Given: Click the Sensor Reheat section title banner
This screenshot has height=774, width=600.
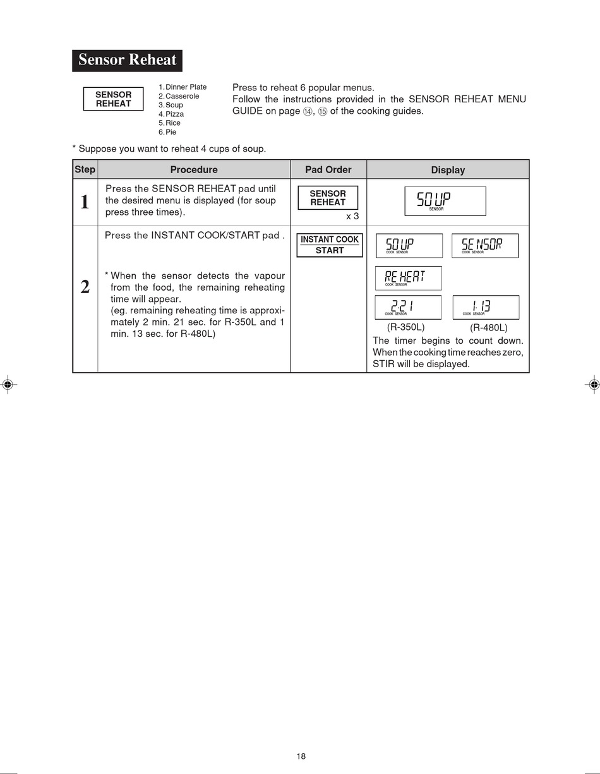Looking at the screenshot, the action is click(x=127, y=61).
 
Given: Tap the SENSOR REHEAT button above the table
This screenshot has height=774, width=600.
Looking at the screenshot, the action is click(x=114, y=99).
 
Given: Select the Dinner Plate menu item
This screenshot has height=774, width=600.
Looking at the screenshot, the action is click(x=183, y=87).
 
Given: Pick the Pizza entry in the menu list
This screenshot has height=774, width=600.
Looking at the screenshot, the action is click(x=171, y=114).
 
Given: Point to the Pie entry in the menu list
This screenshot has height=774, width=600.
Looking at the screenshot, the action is click(x=167, y=132).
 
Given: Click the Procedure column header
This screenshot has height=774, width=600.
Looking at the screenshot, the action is click(x=194, y=169).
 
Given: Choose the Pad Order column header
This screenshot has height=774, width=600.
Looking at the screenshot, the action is click(x=328, y=169).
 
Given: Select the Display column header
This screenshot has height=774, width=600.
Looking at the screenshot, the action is click(x=448, y=170).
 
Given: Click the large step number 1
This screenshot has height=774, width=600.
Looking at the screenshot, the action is click(x=85, y=202).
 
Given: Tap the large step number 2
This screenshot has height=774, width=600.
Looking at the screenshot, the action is click(x=85, y=287).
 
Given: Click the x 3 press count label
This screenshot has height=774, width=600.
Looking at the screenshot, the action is click(x=352, y=216).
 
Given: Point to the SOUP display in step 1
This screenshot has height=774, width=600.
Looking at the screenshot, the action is click(x=445, y=202).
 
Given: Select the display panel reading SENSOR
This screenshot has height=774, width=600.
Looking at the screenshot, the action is click(x=485, y=246).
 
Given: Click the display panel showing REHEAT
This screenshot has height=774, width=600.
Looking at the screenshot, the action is click(x=409, y=278).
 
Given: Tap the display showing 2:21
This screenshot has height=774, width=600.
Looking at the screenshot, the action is click(x=408, y=308).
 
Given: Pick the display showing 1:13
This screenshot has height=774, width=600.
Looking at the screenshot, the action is click(x=486, y=308).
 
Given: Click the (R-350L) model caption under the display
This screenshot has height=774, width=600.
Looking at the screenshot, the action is click(x=406, y=327).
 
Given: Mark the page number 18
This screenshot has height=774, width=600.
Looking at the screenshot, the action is click(x=301, y=756).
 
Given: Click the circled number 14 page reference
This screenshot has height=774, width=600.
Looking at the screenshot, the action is click(x=308, y=111).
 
